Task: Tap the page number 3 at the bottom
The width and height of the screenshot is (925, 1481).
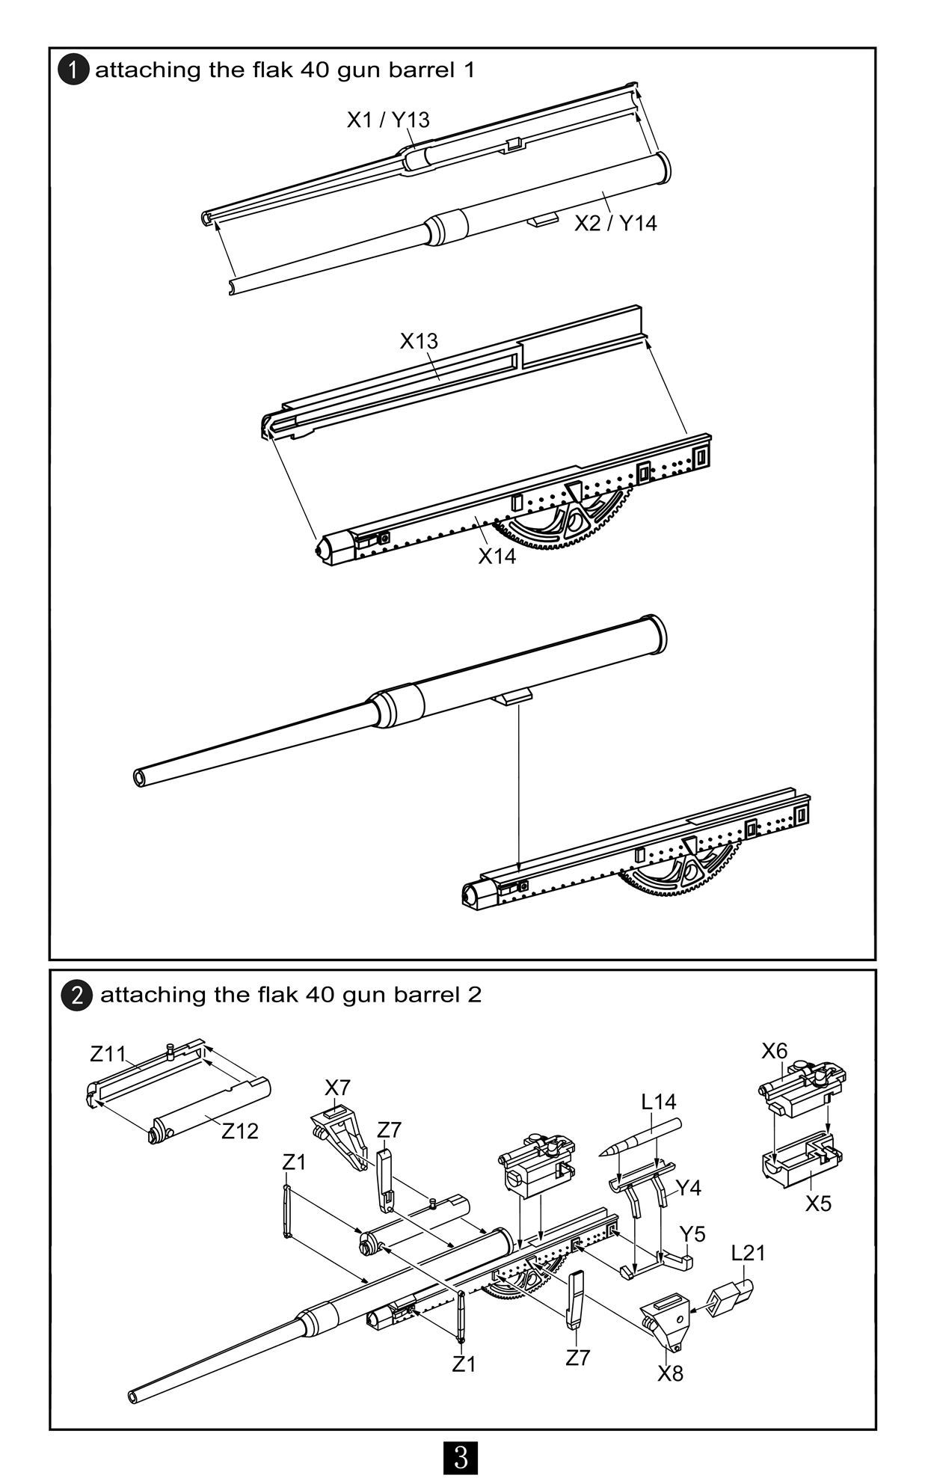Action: click(461, 1457)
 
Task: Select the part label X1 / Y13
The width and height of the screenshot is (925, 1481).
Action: click(388, 120)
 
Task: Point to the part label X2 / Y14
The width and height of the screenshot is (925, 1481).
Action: click(615, 223)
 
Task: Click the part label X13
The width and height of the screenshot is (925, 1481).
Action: click(419, 341)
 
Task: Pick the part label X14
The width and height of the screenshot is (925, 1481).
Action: click(497, 556)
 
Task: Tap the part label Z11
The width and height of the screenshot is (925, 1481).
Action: click(108, 1054)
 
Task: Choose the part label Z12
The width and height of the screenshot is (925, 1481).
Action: click(240, 1131)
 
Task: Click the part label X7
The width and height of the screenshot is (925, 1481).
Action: click(337, 1088)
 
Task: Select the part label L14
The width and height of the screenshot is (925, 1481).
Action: click(659, 1102)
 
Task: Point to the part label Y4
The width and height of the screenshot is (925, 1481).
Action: click(689, 1188)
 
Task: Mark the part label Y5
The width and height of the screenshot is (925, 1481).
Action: click(692, 1234)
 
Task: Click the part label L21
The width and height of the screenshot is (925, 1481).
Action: click(748, 1253)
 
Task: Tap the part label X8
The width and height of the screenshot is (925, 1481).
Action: click(671, 1373)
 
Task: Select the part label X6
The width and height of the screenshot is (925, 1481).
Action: click(775, 1051)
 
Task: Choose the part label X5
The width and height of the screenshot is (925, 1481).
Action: click(819, 1203)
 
